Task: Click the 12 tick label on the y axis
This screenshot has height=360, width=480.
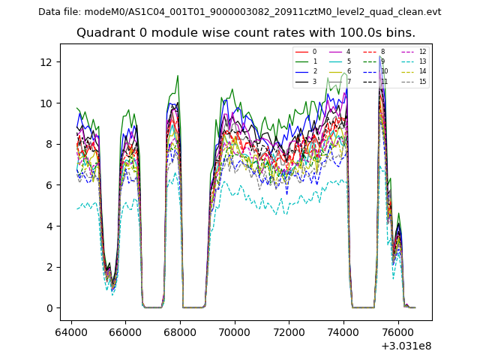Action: pos(52,62)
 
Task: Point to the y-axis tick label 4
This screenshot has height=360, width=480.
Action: pos(52,226)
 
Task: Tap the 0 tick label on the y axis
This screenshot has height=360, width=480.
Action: pos(52,308)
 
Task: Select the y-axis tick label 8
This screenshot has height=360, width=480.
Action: pos(52,144)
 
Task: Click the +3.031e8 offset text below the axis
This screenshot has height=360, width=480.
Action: pos(406,346)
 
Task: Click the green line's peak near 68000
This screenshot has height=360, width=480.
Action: pos(178,75)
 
